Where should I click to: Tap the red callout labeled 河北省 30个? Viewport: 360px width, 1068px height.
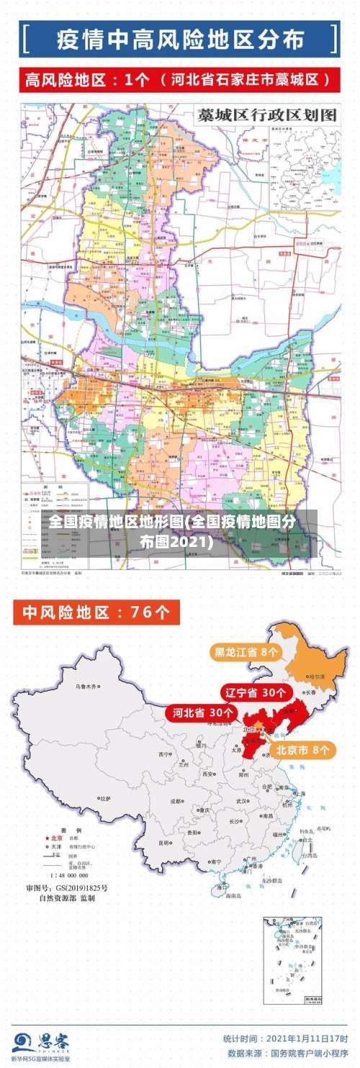[203, 712]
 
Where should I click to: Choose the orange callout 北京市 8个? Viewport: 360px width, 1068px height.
[304, 750]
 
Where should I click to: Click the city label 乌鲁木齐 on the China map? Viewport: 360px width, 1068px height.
[86, 687]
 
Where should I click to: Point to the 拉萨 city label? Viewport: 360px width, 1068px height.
[105, 798]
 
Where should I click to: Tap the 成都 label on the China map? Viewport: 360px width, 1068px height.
[176, 800]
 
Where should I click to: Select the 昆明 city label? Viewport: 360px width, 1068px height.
[165, 842]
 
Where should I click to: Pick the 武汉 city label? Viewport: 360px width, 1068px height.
[241, 800]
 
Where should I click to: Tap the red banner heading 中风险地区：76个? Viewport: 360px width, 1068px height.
[96, 612]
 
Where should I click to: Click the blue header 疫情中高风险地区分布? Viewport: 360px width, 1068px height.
[179, 38]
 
